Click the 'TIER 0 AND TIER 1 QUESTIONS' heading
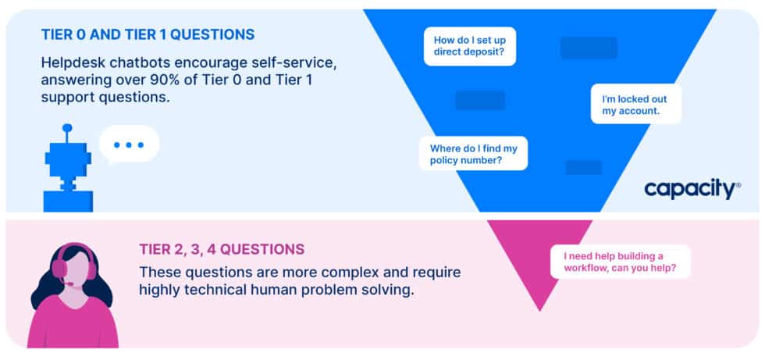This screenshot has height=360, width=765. (x=148, y=34)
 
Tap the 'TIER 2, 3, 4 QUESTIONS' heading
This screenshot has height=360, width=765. (x=222, y=250)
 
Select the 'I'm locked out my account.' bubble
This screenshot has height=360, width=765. (x=635, y=105)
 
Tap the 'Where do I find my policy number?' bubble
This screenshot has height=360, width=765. (x=474, y=153)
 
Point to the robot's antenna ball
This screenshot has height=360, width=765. (x=67, y=127)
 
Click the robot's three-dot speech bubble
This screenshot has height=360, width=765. (x=129, y=145)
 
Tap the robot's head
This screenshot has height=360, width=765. (x=69, y=161)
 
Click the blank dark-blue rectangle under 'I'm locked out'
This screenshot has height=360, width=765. (x=583, y=167)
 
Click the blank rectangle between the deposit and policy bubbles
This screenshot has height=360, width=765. (x=480, y=100)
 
